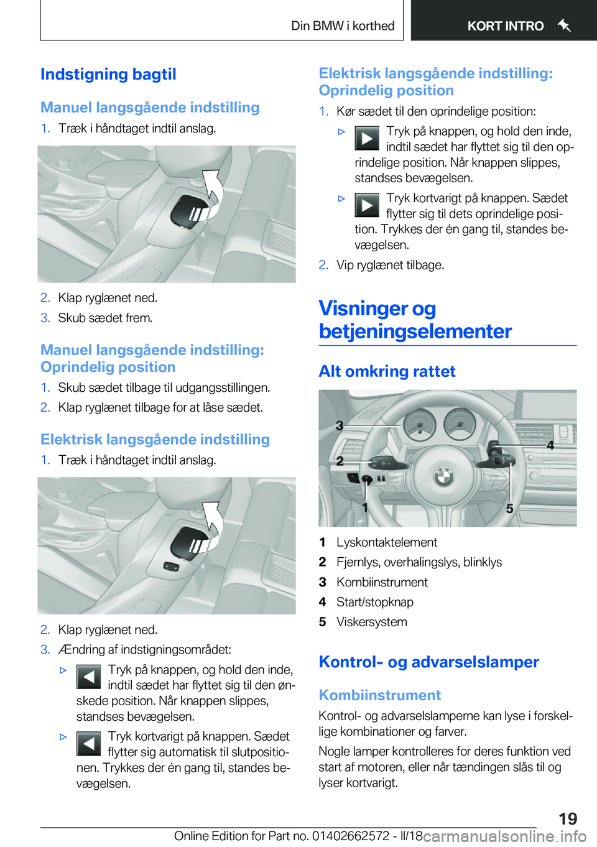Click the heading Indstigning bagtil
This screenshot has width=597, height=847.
[x=108, y=75]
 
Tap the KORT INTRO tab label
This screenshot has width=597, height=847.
[x=505, y=26]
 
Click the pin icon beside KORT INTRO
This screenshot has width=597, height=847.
[x=564, y=25]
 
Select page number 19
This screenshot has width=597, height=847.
[x=567, y=818]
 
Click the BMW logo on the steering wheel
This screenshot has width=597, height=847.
[x=443, y=476]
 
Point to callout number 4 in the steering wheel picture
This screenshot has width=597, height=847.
[x=550, y=445]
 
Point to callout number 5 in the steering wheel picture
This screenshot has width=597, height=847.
[x=509, y=509]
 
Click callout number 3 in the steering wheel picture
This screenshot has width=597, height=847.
[x=340, y=426]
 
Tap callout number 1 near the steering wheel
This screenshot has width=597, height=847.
[x=365, y=507]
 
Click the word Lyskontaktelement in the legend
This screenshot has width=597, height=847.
[x=386, y=542]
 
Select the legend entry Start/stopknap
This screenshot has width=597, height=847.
[x=374, y=602]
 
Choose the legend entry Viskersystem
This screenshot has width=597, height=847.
[x=371, y=622]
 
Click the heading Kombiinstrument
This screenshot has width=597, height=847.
[x=379, y=695]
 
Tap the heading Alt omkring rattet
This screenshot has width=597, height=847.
[x=387, y=371]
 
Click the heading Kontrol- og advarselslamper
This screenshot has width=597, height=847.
[x=428, y=662]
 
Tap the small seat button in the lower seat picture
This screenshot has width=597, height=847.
[x=171, y=566]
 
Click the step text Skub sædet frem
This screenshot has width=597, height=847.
[x=105, y=318]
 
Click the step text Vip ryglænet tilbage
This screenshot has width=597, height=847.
[x=390, y=265]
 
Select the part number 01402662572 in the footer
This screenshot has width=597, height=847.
[x=351, y=836]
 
